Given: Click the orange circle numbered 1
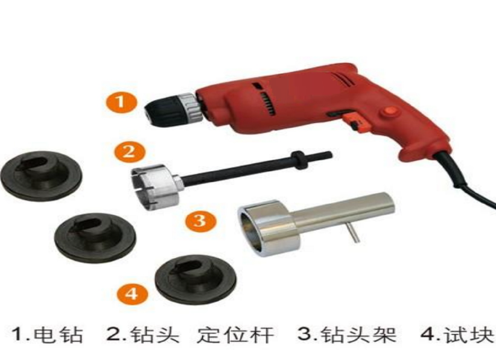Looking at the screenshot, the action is click(x=121, y=102).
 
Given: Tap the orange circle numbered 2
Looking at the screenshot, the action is click(x=130, y=152).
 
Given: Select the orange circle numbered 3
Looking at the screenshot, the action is click(x=200, y=220).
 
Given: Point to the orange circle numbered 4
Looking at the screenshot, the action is click(x=132, y=294).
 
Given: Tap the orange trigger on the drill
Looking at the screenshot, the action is click(x=357, y=121).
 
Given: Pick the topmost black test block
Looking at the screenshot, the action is click(x=41, y=175).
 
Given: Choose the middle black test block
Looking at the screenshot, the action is click(x=95, y=238).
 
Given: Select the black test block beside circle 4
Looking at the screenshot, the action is click(x=196, y=279).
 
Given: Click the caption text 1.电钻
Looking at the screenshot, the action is click(x=48, y=335).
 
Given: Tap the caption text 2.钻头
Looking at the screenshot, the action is click(x=142, y=335).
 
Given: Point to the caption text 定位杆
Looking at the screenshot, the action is click(x=235, y=335).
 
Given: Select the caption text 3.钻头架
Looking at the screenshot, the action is click(x=347, y=335).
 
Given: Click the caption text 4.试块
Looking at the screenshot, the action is click(x=457, y=335).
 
